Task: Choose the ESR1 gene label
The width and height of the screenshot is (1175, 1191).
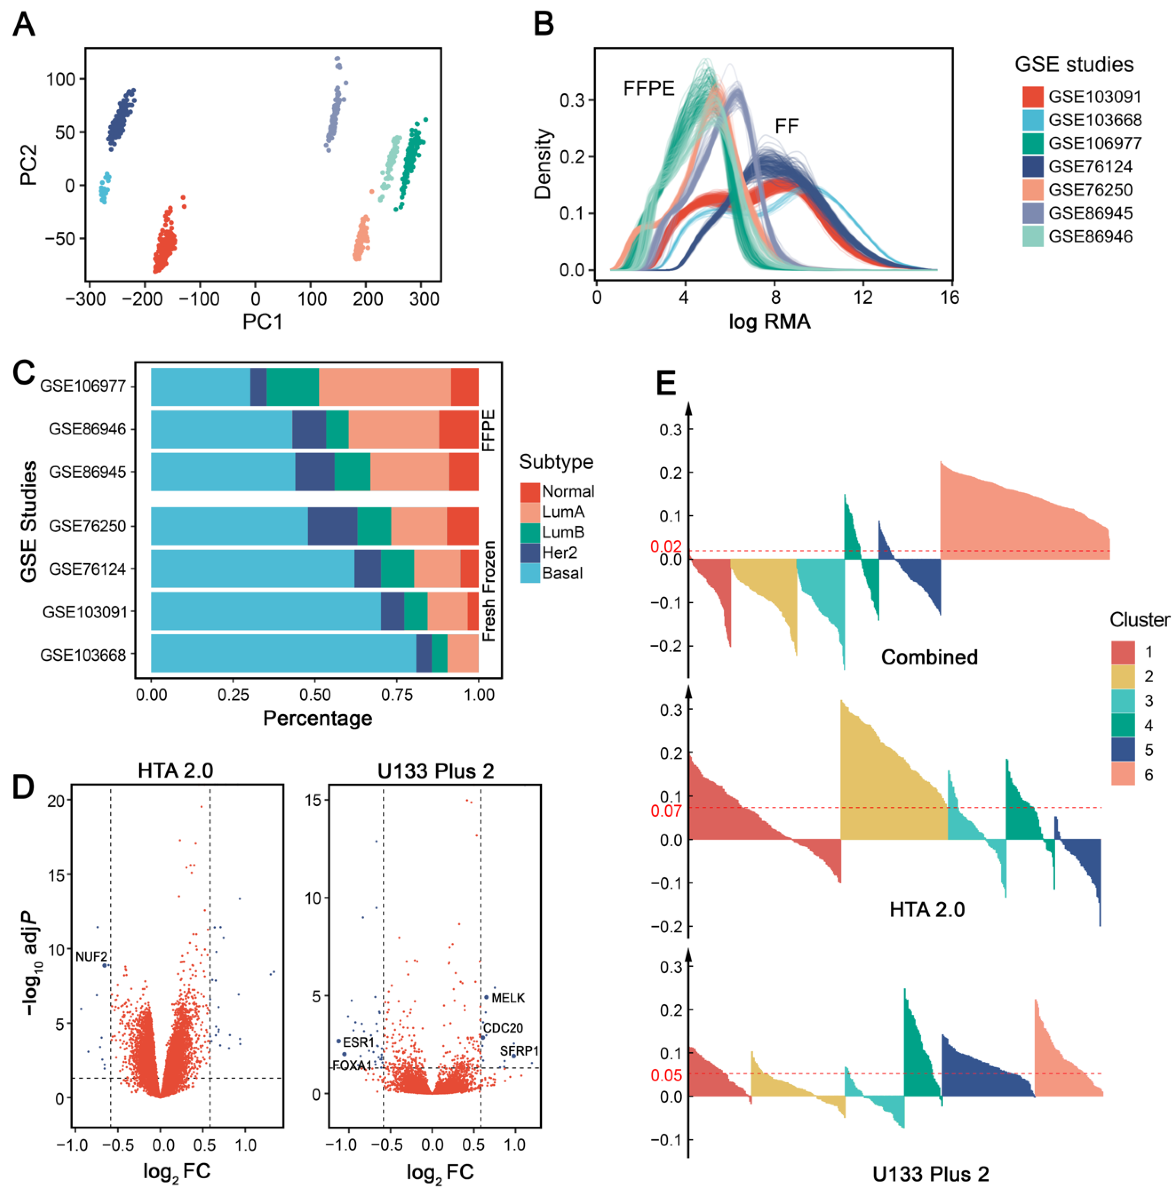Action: [358, 1042]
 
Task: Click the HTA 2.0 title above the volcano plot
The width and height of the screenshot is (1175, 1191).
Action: [175, 771]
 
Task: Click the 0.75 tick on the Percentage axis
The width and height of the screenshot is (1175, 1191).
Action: [396, 695]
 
